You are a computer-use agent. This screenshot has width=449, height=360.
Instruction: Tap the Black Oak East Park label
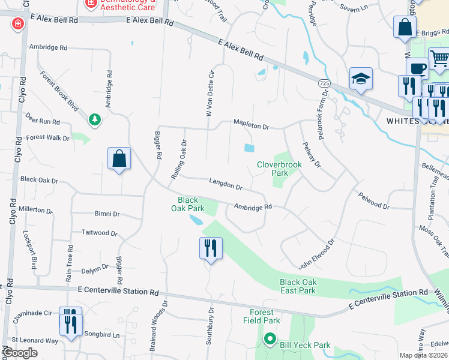click(x=298, y=286)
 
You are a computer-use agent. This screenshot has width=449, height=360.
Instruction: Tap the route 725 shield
click(x=324, y=83)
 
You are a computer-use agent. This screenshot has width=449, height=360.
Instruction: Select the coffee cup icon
click(x=417, y=68)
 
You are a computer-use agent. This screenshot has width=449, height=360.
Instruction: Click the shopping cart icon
click(x=439, y=58)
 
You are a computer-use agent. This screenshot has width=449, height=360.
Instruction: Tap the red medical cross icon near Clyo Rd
click(x=18, y=24)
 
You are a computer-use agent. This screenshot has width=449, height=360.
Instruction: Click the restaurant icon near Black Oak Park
click(x=211, y=248)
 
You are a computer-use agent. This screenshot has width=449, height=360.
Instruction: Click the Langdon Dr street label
click(x=226, y=184)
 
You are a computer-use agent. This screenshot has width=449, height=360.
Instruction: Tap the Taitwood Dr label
click(x=100, y=233)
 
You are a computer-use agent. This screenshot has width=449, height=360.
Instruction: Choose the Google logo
click(x=20, y=353)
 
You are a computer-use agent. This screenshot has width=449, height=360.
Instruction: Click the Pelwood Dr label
click(x=373, y=200)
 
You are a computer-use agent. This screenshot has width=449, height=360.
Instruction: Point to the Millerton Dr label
click(x=36, y=210)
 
